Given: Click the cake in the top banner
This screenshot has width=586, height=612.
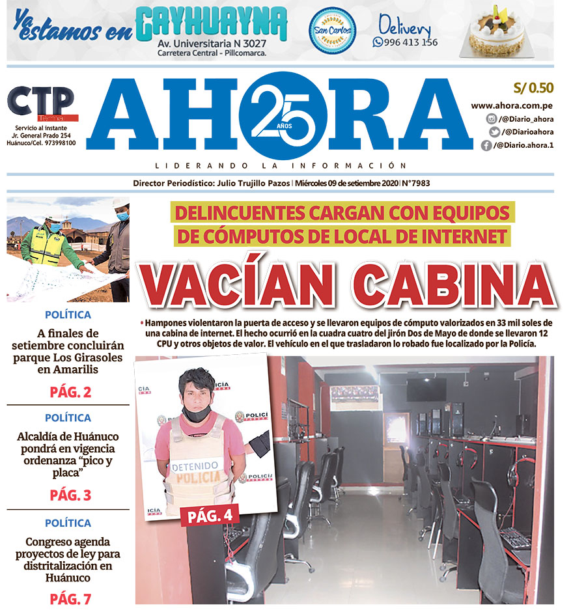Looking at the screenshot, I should pyautogui.click(x=497, y=33).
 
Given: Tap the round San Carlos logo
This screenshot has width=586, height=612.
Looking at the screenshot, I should pyautogui.click(x=332, y=31).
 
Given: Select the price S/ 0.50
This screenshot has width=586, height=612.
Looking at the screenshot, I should pyautogui.click(x=533, y=88).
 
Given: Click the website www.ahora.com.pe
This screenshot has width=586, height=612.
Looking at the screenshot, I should pyautogui.click(x=512, y=105).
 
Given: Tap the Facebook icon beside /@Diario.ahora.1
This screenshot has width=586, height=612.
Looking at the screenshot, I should pyautogui.click(x=486, y=146).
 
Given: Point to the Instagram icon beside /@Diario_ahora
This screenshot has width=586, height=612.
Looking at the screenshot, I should pyautogui.click(x=492, y=119).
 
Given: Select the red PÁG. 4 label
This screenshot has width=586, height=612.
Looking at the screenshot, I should pyautogui.click(x=210, y=516).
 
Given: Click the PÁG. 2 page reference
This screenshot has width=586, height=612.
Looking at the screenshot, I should pyautogui.click(x=70, y=392).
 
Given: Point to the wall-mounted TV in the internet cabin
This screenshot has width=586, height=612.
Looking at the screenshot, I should pyautogui.click(x=426, y=389).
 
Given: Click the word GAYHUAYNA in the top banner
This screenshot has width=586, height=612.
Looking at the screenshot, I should pyautogui.click(x=212, y=25).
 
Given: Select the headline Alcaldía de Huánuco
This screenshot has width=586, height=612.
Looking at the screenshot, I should pyautogui.click(x=67, y=436).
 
